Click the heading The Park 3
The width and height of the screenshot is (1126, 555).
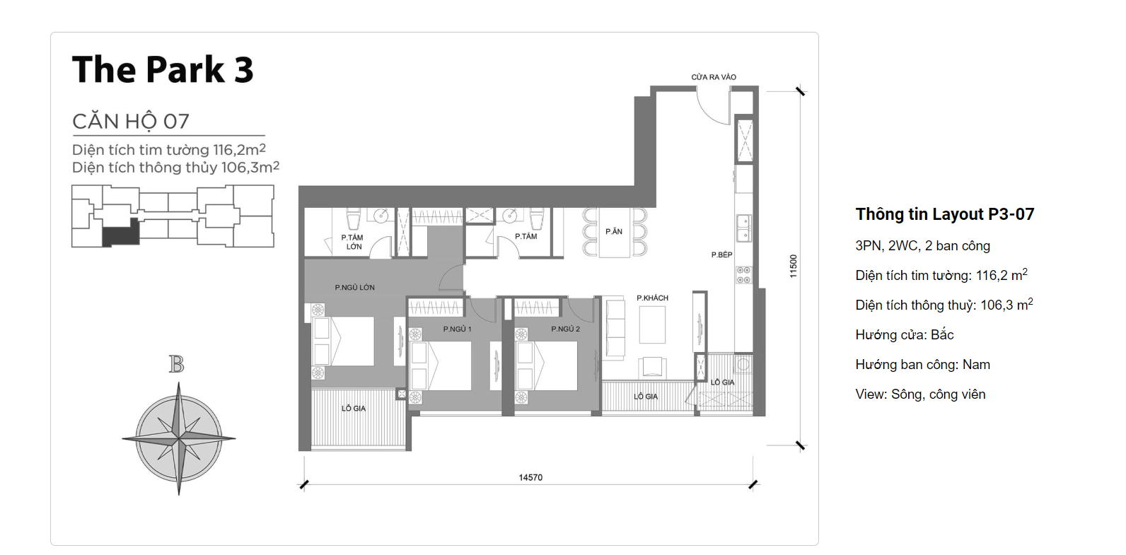point(163,70)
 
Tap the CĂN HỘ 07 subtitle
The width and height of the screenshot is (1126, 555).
point(131,122)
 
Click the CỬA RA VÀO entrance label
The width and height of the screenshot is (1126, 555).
point(714,77)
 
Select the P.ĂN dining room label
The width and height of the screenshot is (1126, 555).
point(614,232)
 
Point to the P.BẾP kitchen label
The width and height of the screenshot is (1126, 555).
point(721,255)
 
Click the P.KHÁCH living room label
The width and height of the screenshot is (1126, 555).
point(652,298)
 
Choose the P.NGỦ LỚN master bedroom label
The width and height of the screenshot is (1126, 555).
point(354,288)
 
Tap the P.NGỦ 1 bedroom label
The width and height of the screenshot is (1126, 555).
point(457,329)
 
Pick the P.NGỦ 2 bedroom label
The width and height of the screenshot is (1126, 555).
point(565,329)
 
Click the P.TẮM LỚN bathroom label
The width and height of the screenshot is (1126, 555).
point(353,242)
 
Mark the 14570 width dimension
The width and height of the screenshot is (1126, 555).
point(530,478)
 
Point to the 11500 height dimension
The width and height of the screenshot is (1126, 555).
point(794,266)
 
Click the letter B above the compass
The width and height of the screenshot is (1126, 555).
point(176,364)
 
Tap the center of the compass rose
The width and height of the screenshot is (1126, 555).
point(179,439)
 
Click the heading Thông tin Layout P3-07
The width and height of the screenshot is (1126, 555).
point(944,214)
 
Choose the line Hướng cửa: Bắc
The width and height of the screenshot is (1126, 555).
point(905,335)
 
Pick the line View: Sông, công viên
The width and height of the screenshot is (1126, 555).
point(920,395)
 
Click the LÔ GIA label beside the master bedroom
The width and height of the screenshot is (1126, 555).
point(354,409)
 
